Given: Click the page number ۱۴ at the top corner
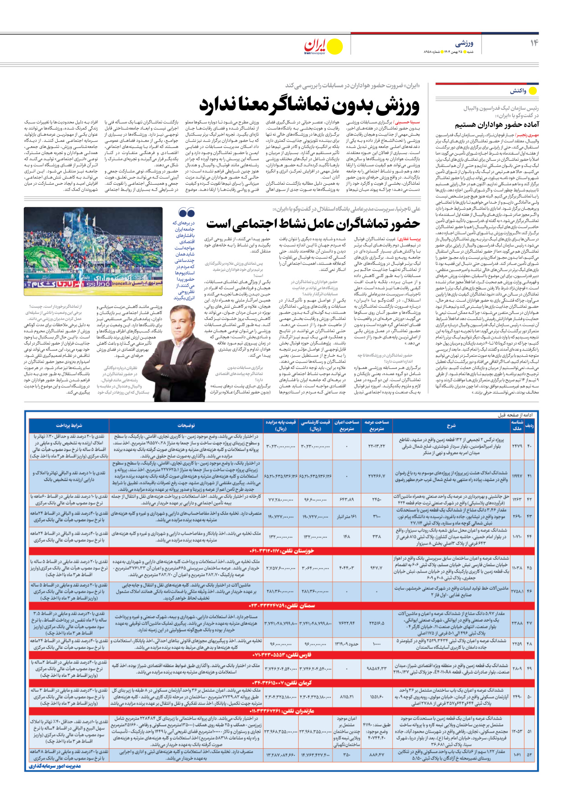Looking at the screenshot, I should [534, 43].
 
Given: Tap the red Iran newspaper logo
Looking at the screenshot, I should [315, 45].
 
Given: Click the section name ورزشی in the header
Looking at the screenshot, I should [464, 43].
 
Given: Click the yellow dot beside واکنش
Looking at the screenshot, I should [533, 91].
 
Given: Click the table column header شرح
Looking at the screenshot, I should [451, 425].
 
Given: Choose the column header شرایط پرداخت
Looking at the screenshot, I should [69, 425].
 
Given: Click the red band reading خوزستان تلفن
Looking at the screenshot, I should [281, 551].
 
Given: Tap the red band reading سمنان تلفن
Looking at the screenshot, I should [281, 605].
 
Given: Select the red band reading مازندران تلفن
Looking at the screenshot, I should [281, 711].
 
